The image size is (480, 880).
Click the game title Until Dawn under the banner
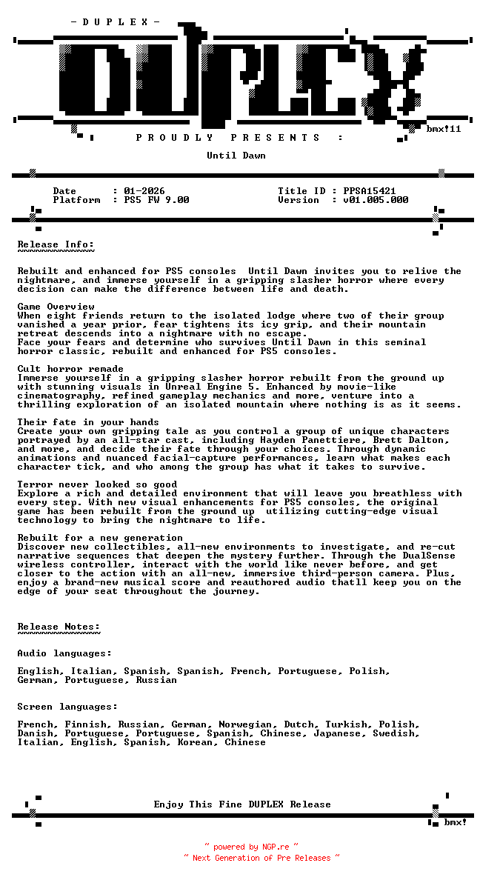click(236, 156)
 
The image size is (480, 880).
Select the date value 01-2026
click(144, 191)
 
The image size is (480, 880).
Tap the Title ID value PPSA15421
click(370, 191)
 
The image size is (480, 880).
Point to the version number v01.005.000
click(376, 200)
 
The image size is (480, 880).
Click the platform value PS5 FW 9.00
click(156, 200)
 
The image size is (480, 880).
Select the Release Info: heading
click(56, 244)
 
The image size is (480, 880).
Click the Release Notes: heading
click(59, 627)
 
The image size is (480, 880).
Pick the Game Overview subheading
click(56, 307)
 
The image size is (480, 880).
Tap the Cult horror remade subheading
click(70, 369)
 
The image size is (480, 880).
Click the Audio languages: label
click(64, 653)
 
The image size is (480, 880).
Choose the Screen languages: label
click(67, 707)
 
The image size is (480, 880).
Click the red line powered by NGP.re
click(252, 847)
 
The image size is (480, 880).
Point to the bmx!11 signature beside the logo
click(444, 129)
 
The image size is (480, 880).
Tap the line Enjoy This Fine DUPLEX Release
click(242, 804)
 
